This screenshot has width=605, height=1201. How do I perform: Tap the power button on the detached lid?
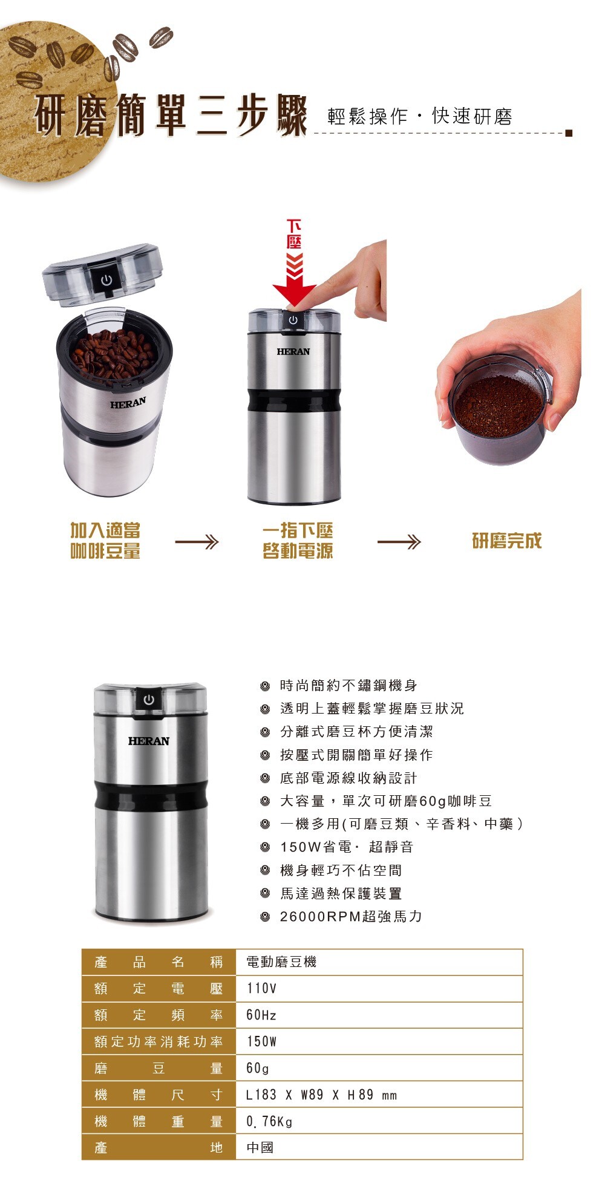tap(106, 280)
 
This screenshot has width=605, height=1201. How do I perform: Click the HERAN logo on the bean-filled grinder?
tap(128, 403)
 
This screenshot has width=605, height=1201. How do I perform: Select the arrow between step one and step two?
tap(197, 542)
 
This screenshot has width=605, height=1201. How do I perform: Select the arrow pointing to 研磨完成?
tap(399, 542)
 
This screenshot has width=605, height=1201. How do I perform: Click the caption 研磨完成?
tap(507, 541)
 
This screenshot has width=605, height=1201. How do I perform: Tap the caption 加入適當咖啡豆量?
tap(106, 541)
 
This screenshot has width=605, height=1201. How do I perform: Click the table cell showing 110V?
tap(379, 988)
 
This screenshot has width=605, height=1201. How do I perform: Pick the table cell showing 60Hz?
tap(379, 1015)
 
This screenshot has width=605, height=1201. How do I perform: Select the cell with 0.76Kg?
tap(379, 1121)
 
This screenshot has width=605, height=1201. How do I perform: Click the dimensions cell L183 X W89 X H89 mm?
tap(379, 1095)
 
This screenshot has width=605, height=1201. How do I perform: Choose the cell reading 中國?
tap(379, 1147)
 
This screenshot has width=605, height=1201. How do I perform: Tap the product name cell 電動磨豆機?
tap(379, 962)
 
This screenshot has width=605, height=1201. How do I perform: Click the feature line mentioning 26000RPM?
tap(351, 916)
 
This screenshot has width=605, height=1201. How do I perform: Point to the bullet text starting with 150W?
tap(347, 847)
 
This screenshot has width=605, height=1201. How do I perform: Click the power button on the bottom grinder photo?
tap(149, 700)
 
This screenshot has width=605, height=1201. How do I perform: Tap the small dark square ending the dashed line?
tap(568, 133)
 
